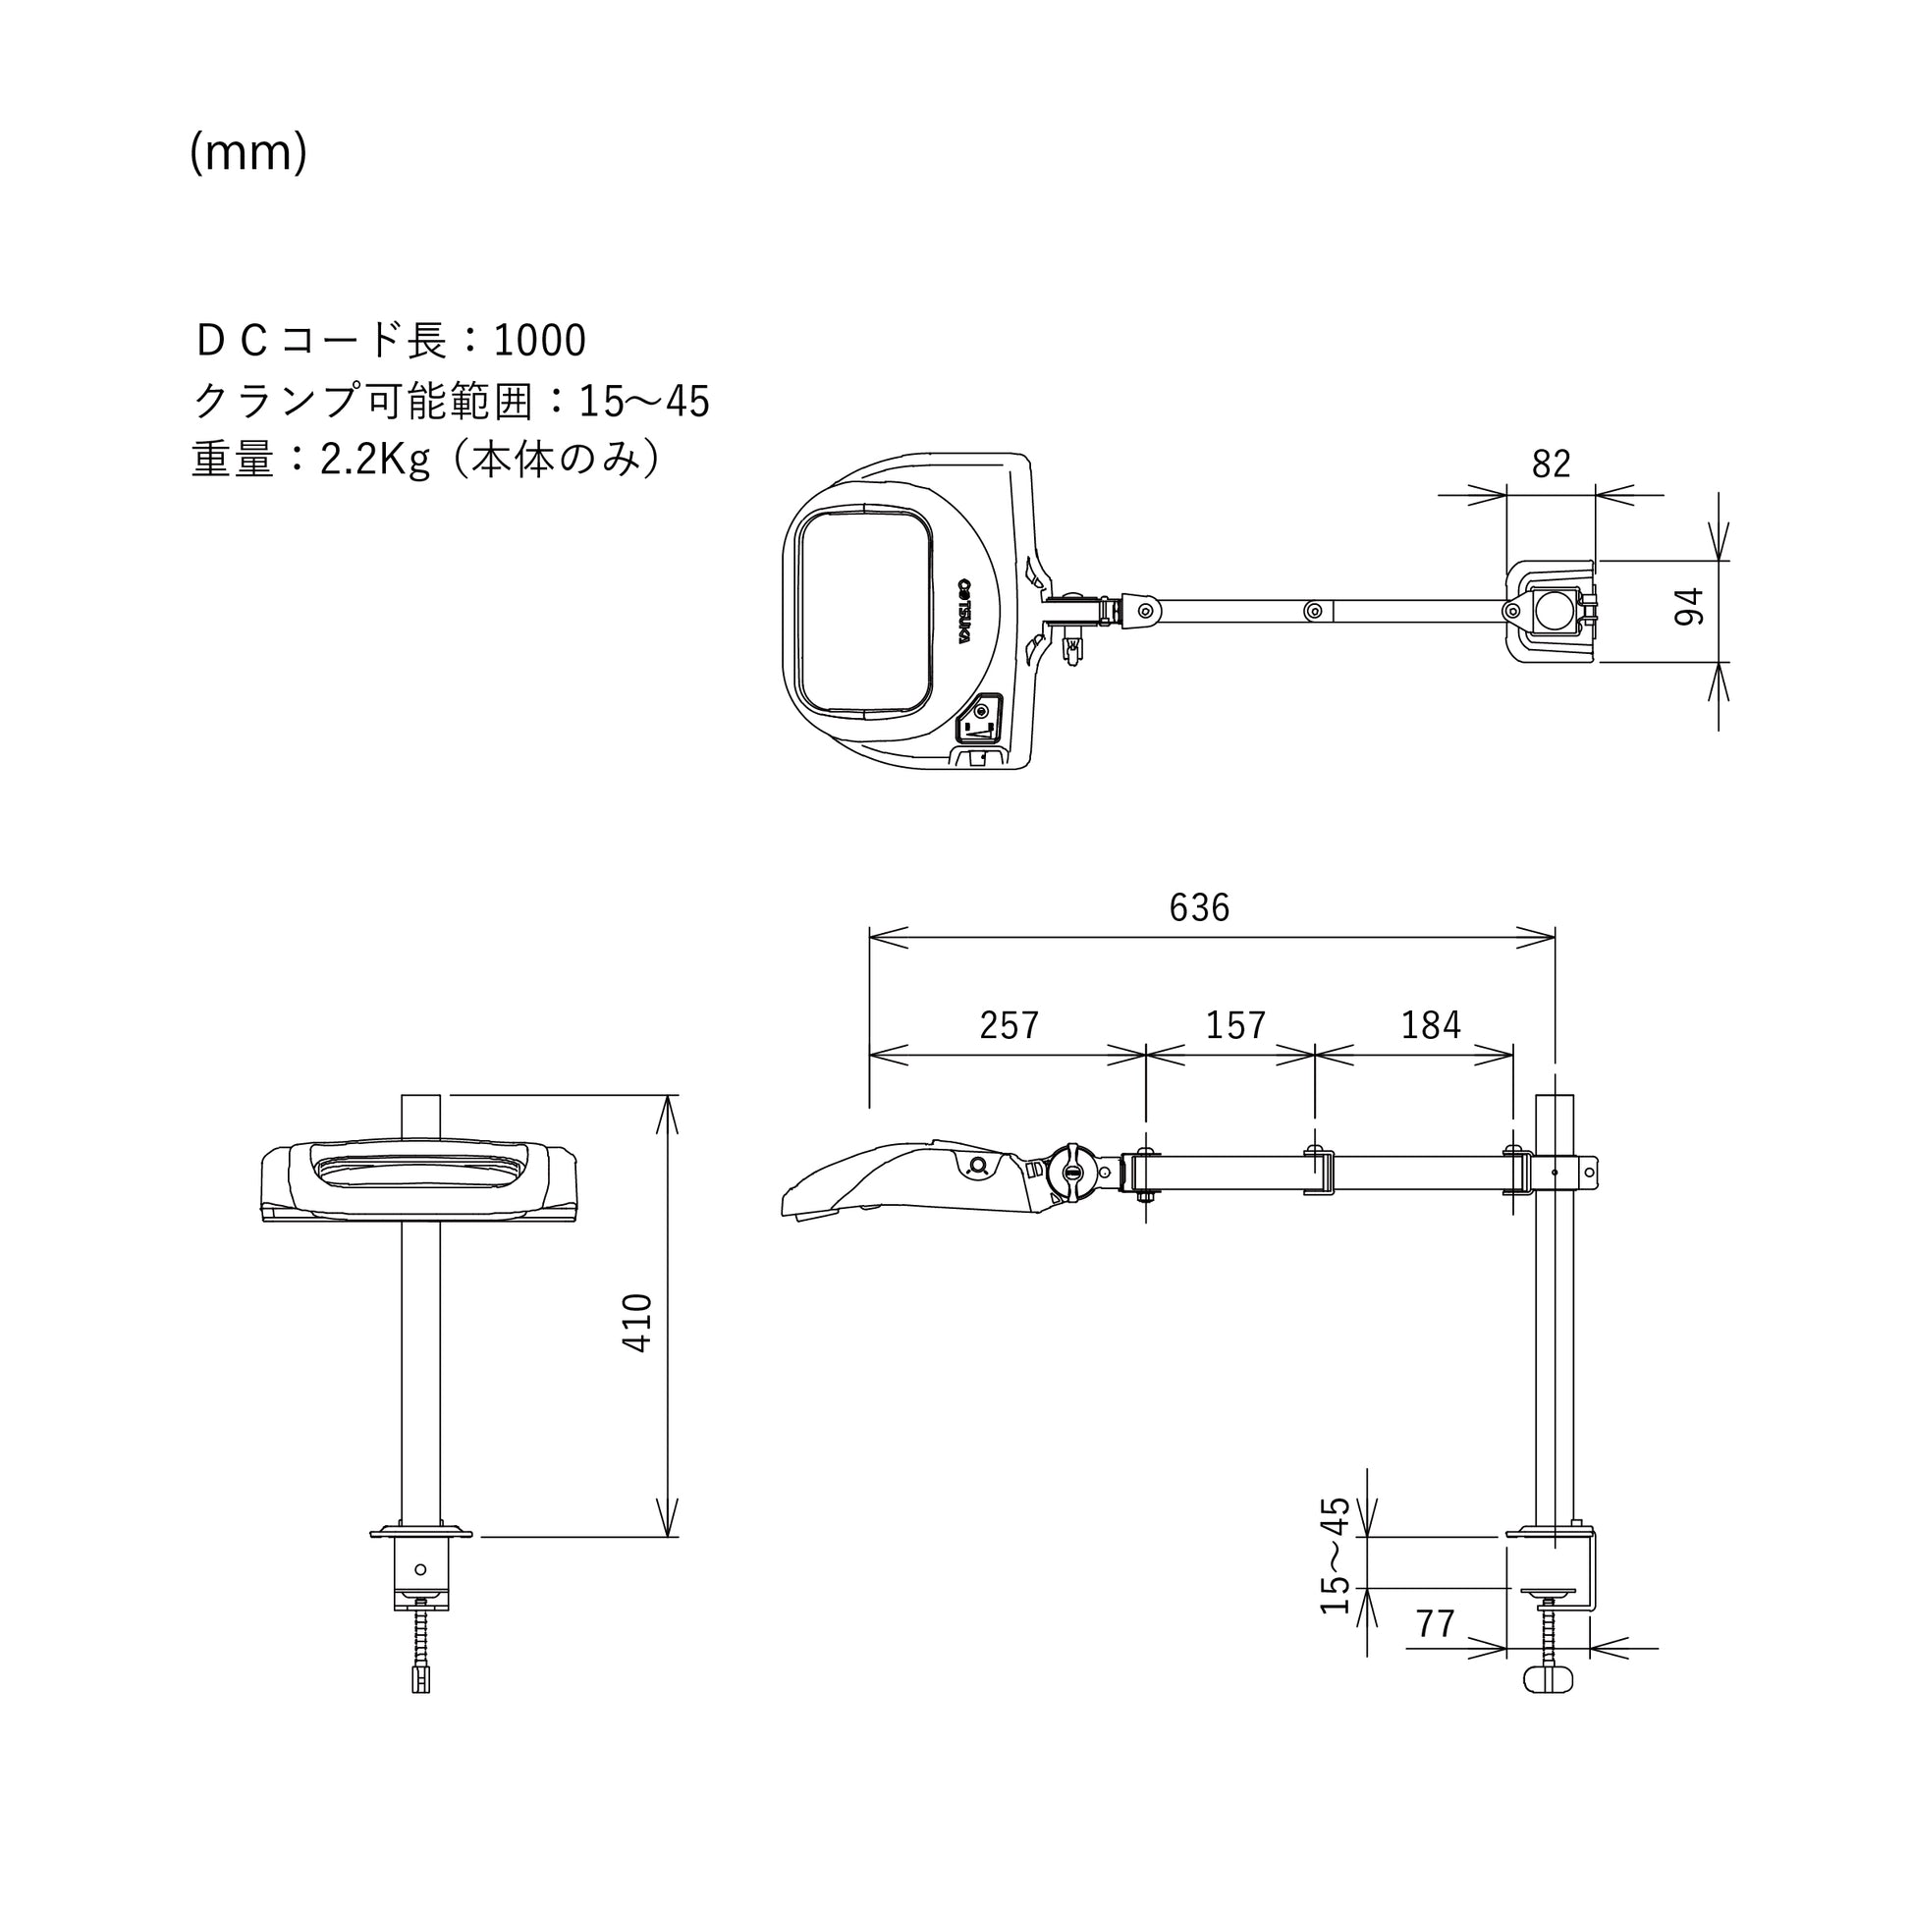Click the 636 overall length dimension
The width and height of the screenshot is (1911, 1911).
[x=1199, y=908]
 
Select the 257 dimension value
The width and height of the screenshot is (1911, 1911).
[x=1009, y=1026]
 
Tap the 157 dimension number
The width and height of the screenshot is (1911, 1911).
[x=1235, y=1026]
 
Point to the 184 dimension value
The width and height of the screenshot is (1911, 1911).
[x=1430, y=1026]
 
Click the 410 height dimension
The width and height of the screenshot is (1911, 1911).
[x=638, y=1323]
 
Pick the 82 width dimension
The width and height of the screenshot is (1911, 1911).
[x=1551, y=464]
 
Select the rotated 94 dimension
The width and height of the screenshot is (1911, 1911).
[x=1689, y=606]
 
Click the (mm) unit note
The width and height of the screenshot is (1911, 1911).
[x=248, y=153]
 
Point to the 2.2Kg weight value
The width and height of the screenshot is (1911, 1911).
[x=375, y=461]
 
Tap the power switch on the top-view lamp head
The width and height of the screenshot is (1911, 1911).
[x=979, y=718]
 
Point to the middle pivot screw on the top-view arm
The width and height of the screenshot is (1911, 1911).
[x=1313, y=611]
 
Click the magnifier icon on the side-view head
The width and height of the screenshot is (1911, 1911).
[x=980, y=1168]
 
